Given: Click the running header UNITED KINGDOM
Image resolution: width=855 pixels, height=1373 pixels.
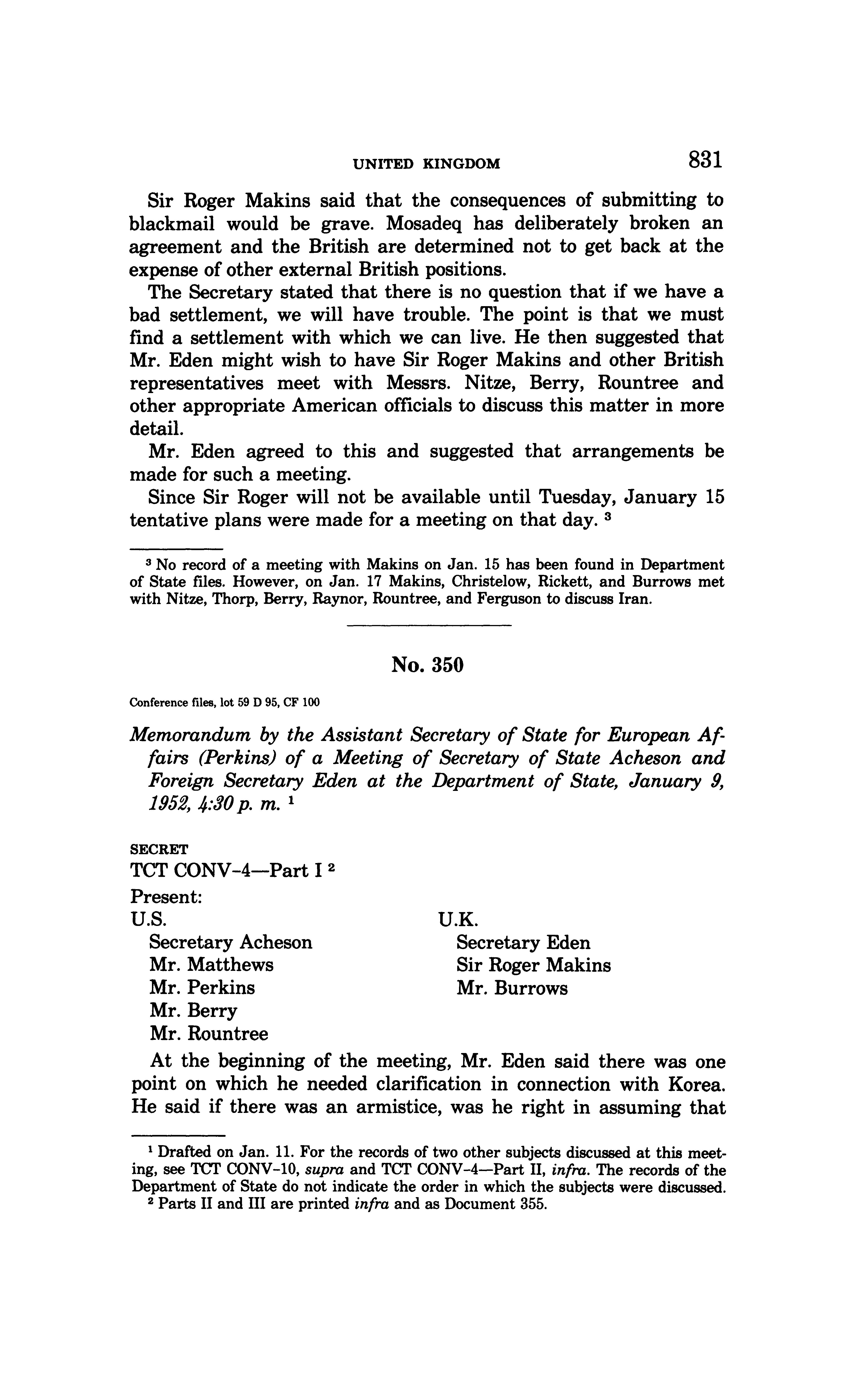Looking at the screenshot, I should coord(427,164).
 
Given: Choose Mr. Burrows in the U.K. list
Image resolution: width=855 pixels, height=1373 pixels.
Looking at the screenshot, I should coord(512,988).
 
